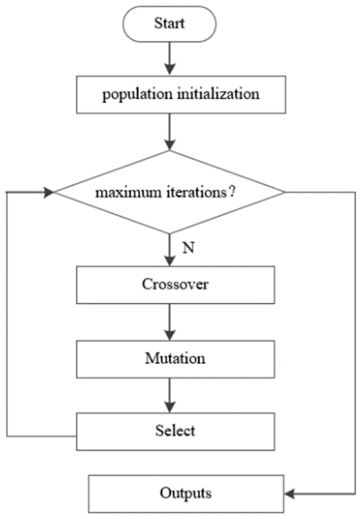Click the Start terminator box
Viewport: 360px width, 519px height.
pyautogui.click(x=169, y=24)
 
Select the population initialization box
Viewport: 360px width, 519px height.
pyautogui.click(x=181, y=94)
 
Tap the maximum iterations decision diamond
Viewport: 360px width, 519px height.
pyautogui.click(x=170, y=192)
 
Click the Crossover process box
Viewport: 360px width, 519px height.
pyautogui.click(x=175, y=285)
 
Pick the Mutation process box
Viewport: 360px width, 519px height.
pyautogui.click(x=175, y=359)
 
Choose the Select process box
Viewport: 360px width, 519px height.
pyautogui.click(x=175, y=431)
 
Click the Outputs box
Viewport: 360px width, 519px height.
pyautogui.click(x=186, y=493)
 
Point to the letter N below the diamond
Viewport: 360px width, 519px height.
pyautogui.click(x=188, y=248)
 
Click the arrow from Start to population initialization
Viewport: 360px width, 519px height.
pyautogui.click(x=170, y=59)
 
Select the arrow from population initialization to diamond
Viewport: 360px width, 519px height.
pyautogui.click(x=170, y=132)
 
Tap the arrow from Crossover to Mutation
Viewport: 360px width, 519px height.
pyautogui.click(x=170, y=322)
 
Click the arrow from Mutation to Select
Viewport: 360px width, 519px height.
pyautogui.click(x=170, y=395)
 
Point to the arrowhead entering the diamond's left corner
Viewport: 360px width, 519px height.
pyautogui.click(x=49, y=192)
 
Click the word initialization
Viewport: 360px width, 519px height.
pyautogui.click(x=218, y=94)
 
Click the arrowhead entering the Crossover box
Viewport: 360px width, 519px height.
pyautogui.click(x=170, y=261)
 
